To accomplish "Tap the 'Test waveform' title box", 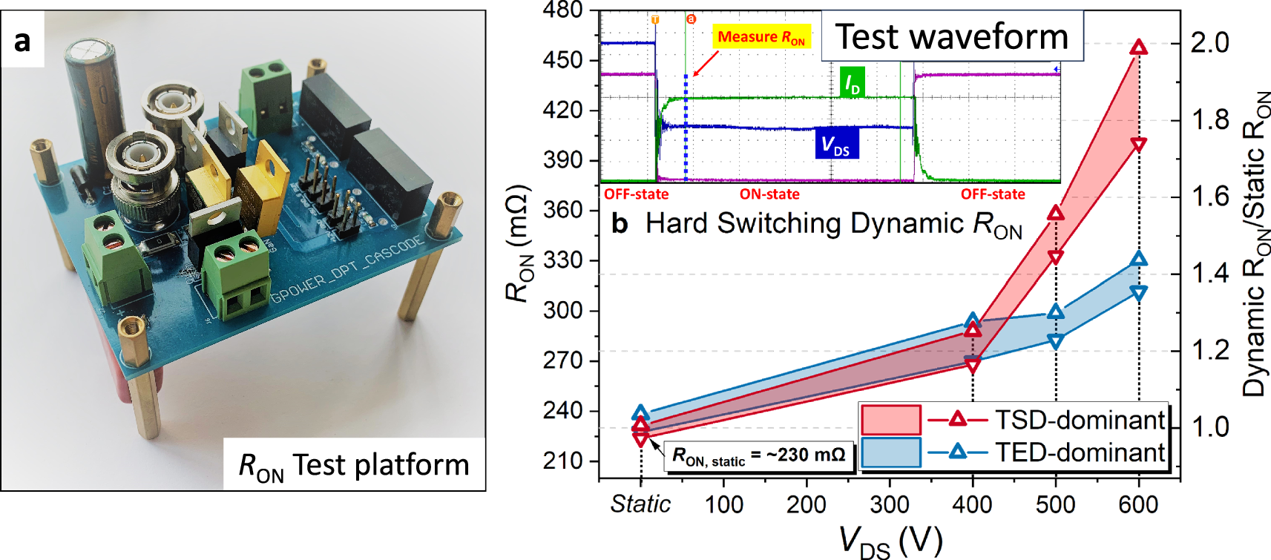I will (951, 36).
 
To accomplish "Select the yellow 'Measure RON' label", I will (761, 37).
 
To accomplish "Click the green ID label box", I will (852, 83).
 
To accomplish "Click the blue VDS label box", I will (836, 143).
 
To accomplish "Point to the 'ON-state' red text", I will (769, 194).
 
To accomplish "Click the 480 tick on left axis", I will (563, 10).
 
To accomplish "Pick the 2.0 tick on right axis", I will (1209, 43).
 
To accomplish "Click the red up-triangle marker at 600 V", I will (1138, 47).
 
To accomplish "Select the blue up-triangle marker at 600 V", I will (1139, 259).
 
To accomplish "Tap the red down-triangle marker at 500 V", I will (1056, 257).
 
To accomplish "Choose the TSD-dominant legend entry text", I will (1080, 420).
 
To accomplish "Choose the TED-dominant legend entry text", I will (1080, 452).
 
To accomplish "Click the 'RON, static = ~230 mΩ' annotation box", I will (758, 455).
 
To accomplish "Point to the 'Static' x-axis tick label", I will (640, 504).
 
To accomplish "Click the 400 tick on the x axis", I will (972, 505).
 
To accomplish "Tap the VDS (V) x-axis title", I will (890, 541).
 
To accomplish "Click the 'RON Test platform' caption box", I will (354, 465).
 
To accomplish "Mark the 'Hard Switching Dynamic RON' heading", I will (832, 224).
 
